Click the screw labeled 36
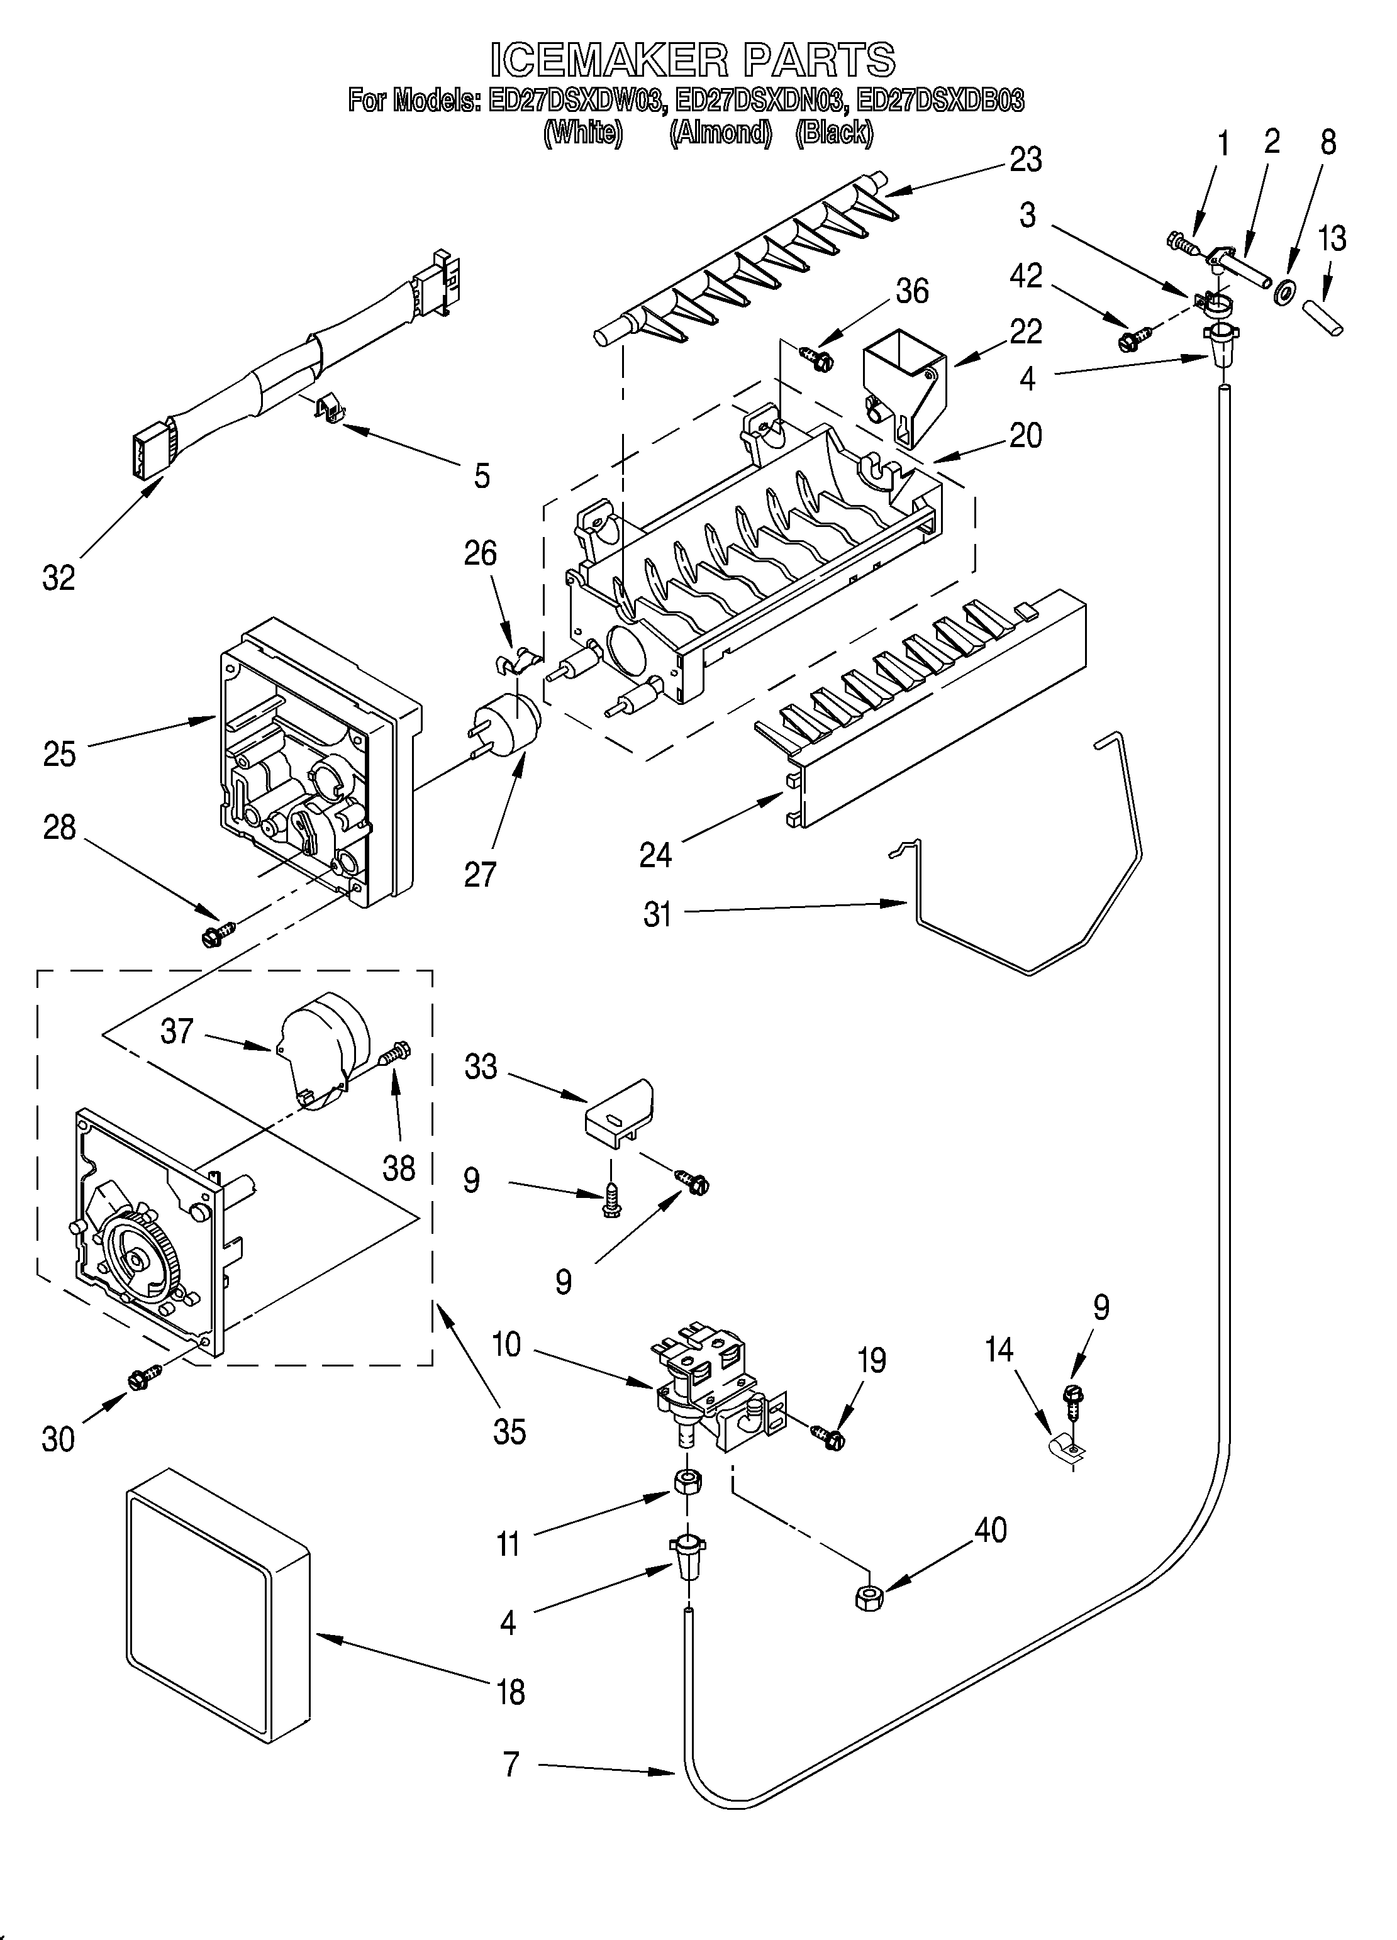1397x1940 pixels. coord(817,358)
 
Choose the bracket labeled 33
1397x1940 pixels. coord(618,1114)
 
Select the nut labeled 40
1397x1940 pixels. coord(869,1596)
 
